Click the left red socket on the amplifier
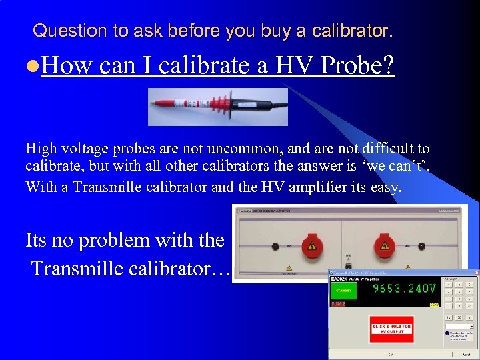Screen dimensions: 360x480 (x=311, y=247)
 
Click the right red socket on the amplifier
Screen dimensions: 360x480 (x=385, y=246)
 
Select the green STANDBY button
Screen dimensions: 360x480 (x=345, y=291)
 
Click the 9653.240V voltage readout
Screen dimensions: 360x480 (x=404, y=289)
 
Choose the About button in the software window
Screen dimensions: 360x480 (x=466, y=355)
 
